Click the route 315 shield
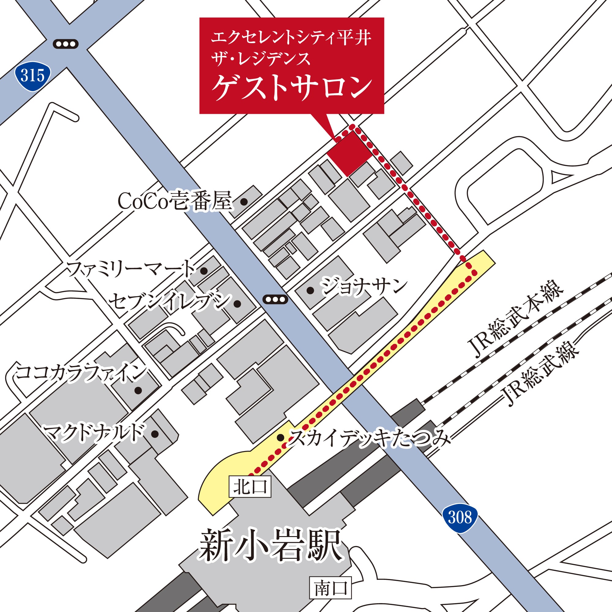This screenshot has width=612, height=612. [33, 76]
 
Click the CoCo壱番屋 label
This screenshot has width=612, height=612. [175, 201]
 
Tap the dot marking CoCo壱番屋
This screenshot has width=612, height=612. [244, 201]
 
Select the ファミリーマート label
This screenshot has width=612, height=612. [131, 270]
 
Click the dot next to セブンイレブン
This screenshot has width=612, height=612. [237, 304]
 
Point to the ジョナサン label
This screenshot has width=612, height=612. [364, 287]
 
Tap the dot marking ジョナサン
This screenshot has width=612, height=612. [310, 290]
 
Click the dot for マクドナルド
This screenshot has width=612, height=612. [155, 434]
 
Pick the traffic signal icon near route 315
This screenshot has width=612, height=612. [65, 44]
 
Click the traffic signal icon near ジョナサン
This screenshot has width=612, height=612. [275, 299]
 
